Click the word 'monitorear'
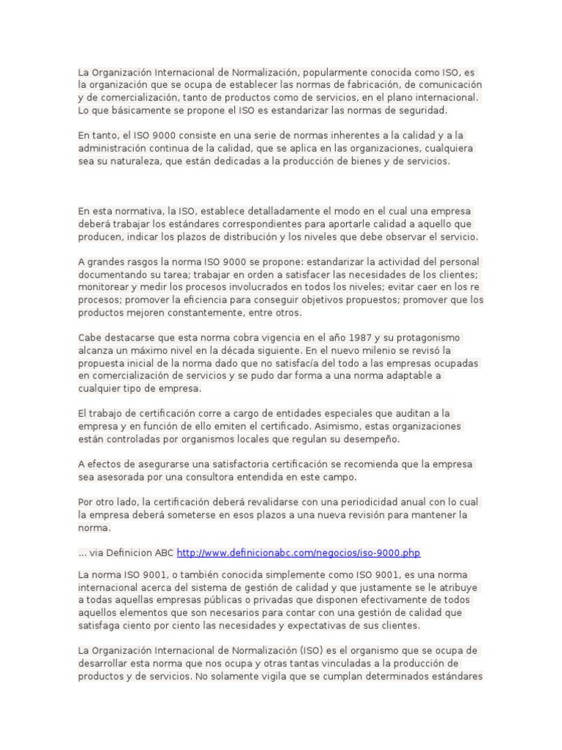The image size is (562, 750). (102, 287)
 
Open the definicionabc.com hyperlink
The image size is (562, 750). (299, 552)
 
